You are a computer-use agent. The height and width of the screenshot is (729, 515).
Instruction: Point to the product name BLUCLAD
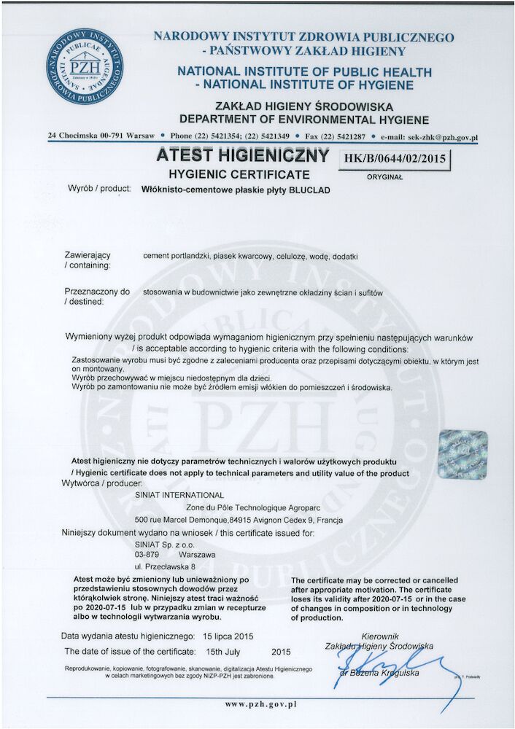pos(310,189)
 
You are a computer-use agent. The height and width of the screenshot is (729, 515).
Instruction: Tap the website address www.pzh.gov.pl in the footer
pos(260,705)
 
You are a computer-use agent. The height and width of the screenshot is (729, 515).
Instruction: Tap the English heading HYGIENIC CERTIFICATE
pos(239,174)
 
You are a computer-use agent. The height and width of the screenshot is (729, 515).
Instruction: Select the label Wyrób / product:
pos(98,189)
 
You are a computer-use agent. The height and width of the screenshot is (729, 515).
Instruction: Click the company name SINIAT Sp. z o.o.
pos(168,544)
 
